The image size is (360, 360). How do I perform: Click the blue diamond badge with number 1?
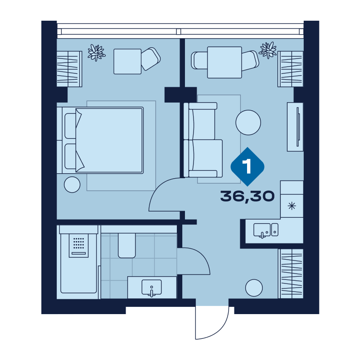[247, 166]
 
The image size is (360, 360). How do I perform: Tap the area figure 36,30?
[247, 196]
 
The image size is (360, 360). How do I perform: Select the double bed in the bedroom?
[100, 140]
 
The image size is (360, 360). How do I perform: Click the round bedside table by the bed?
[72, 184]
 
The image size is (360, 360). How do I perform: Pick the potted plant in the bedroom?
[96, 52]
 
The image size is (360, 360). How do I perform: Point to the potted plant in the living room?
[268, 50]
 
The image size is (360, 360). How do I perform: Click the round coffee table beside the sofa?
[248, 122]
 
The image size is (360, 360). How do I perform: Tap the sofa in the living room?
[203, 140]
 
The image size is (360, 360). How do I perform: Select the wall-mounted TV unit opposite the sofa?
[295, 127]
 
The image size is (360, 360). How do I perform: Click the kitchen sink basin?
[262, 230]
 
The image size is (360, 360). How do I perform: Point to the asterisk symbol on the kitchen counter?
[292, 206]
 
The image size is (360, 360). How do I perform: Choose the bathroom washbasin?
[152, 287]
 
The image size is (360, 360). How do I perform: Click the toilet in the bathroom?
[127, 245]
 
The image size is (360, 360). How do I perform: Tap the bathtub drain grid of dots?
[78, 243]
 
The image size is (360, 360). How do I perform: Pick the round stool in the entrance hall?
[254, 288]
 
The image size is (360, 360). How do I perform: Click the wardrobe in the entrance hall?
[291, 274]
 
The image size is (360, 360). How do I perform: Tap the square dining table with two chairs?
[225, 62]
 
